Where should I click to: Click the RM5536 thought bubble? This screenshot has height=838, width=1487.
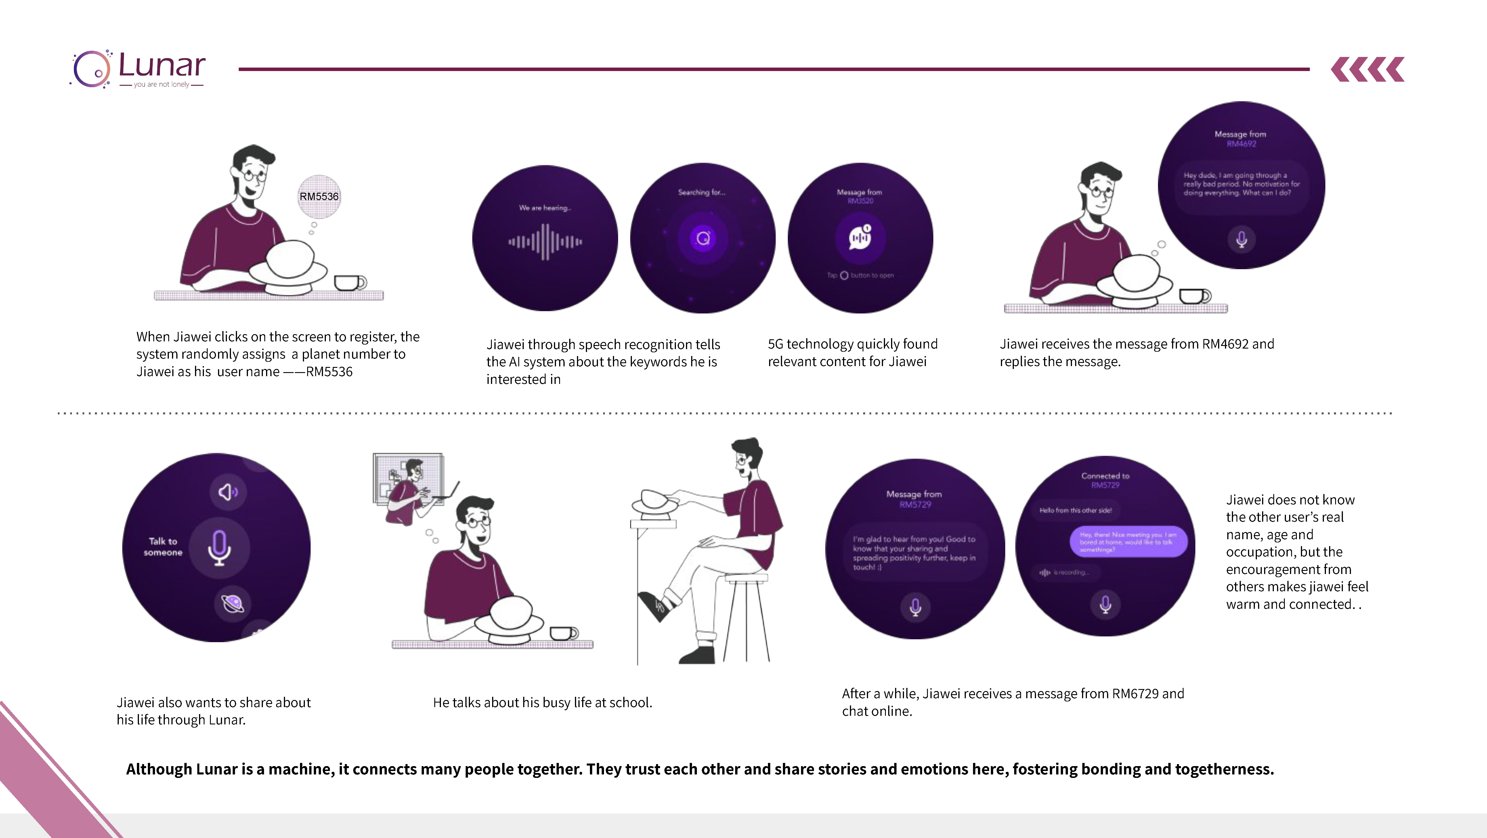[x=319, y=196]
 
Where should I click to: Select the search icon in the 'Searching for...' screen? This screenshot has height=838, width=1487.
[x=703, y=238]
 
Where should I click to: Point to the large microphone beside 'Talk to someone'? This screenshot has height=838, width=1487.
[x=219, y=547]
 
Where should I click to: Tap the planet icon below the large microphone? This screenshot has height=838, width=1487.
[x=233, y=604]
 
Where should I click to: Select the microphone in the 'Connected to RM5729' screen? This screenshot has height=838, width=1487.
[x=1105, y=604]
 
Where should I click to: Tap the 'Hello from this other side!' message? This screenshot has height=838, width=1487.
[x=1075, y=510]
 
